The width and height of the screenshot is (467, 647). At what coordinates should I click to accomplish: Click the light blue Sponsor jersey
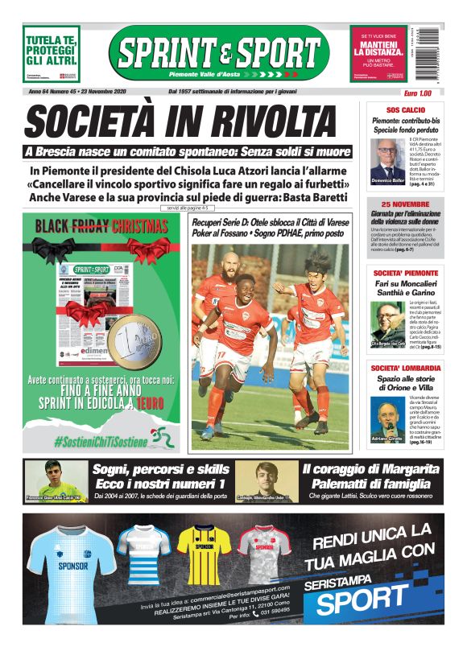pyautogui.click(x=71, y=561)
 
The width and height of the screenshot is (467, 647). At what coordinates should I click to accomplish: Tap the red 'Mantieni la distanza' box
pyautogui.click(x=378, y=52)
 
